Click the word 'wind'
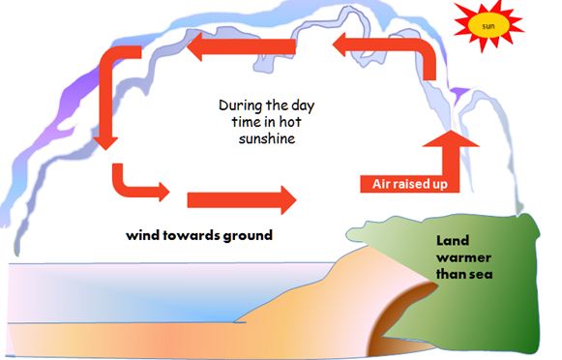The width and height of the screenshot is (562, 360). (144, 235)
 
